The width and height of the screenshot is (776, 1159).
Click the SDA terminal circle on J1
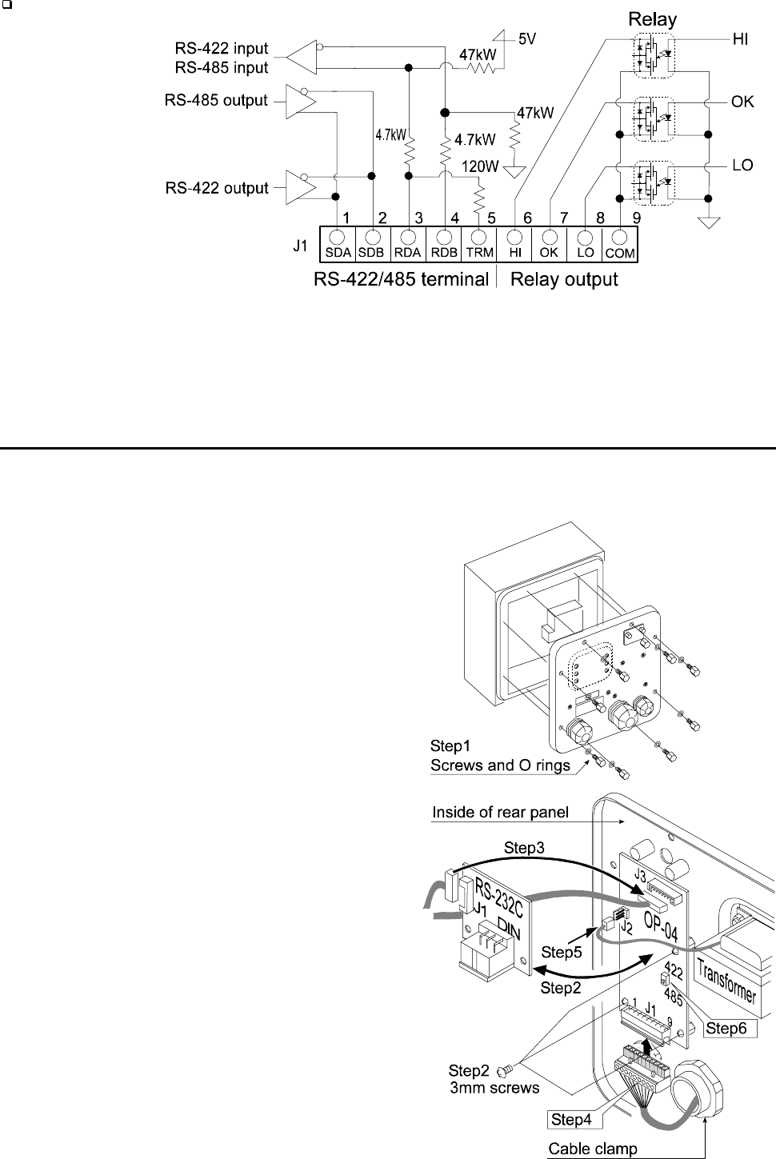click(x=338, y=238)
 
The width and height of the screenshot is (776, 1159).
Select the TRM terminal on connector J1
click(x=479, y=238)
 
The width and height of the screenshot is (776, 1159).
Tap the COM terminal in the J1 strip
click(x=620, y=238)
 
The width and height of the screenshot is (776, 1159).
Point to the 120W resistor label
click(x=481, y=167)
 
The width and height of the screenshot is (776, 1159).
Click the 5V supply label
click(x=527, y=38)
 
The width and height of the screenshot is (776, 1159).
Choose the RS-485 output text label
click(x=216, y=101)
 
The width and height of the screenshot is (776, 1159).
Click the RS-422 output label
click(x=216, y=189)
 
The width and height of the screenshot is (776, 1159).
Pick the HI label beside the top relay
click(x=741, y=39)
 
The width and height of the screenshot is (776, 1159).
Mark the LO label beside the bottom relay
click(x=742, y=166)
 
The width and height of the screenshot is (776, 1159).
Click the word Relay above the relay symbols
click(x=653, y=18)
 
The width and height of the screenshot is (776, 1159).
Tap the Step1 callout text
click(x=451, y=746)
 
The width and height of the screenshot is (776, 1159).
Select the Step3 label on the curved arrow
click(x=525, y=848)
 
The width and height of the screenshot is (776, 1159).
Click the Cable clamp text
click(x=593, y=1149)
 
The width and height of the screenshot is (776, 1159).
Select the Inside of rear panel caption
click(x=500, y=813)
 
